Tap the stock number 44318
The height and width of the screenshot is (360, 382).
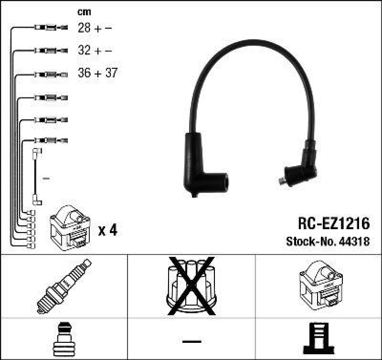pos(355,242)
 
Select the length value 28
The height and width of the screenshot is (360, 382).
pos(84,28)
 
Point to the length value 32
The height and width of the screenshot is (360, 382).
pos(84,51)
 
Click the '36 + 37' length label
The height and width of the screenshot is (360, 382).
pos(97,74)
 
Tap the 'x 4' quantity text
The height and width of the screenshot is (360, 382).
pos(107,231)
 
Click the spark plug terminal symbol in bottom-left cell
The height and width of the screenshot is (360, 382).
pos(64,339)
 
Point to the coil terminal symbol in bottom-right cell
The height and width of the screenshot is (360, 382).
pos(318,339)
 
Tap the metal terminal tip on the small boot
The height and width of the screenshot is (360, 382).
pos(281,180)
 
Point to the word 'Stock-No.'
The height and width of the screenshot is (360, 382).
pos(312,242)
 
